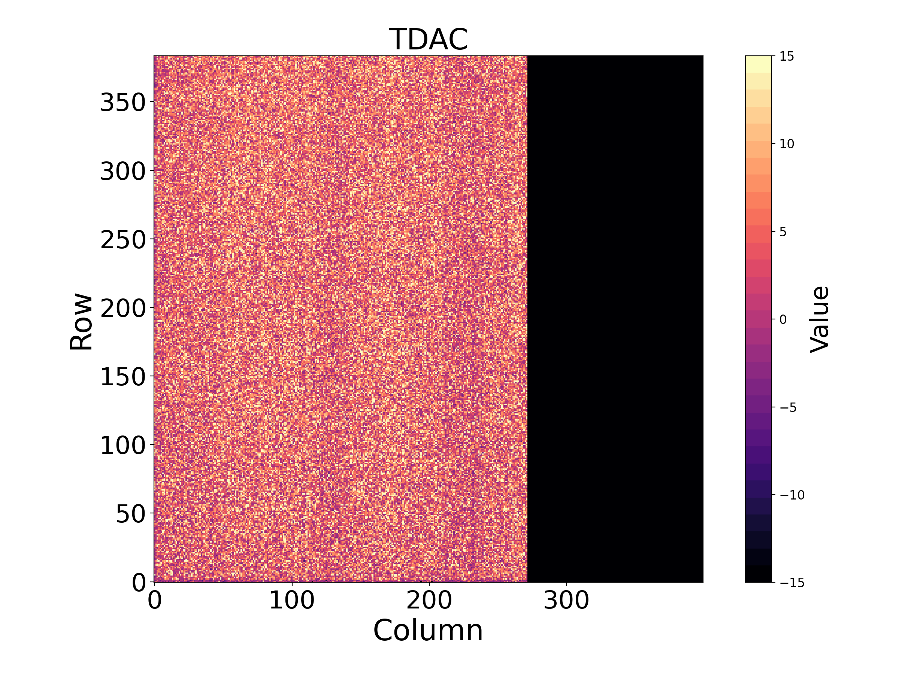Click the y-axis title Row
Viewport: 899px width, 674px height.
[x=81, y=321]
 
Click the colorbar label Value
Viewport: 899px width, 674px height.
[x=819, y=319]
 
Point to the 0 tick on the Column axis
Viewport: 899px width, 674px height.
[x=155, y=600]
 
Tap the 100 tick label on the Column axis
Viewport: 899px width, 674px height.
[x=292, y=600]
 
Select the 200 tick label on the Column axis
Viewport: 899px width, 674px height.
[x=429, y=600]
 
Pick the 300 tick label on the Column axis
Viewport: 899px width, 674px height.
[x=566, y=600]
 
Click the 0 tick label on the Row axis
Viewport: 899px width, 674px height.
[x=139, y=583]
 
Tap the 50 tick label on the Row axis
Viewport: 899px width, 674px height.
[x=130, y=514]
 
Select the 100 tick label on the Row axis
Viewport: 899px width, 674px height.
[x=123, y=445]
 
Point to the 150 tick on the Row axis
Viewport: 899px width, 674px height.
[x=123, y=377]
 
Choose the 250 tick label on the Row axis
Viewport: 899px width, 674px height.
[x=123, y=240]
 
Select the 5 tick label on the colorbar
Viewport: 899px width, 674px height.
[x=783, y=232]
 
